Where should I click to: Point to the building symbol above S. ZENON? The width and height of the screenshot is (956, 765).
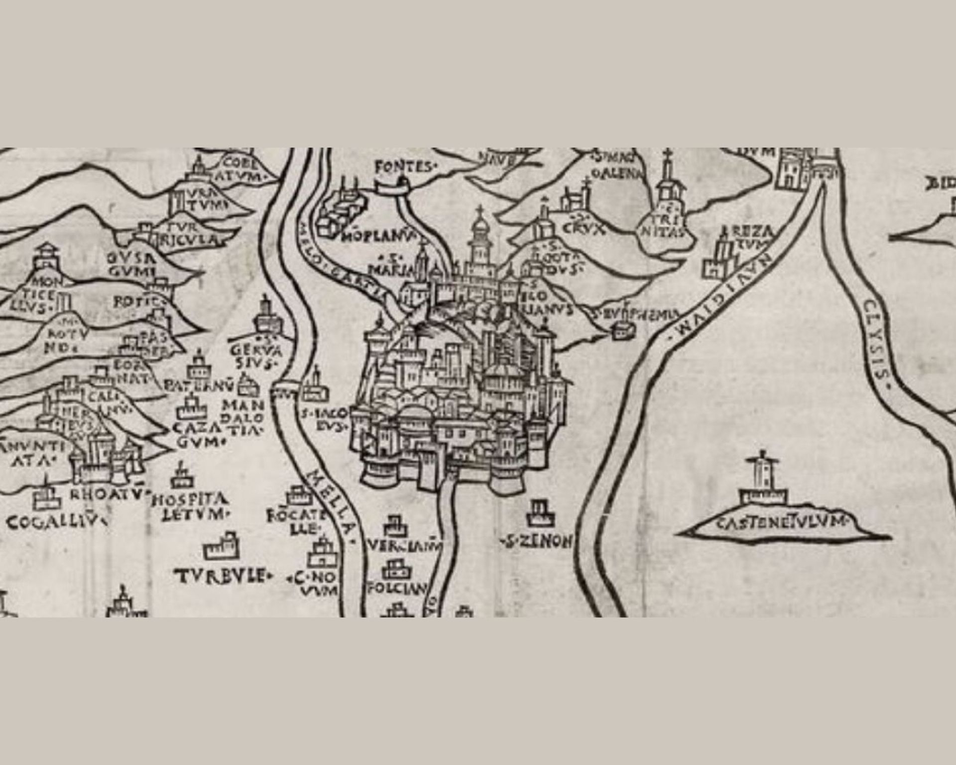[540, 513]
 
